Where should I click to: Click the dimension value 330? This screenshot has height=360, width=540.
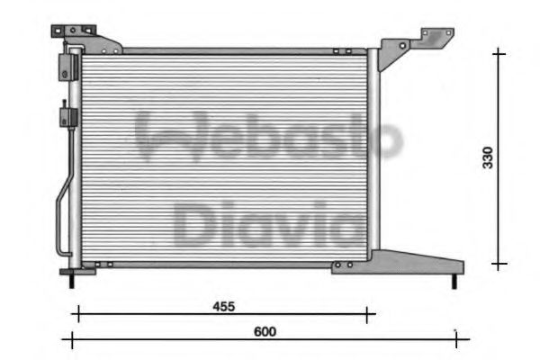click(487, 158)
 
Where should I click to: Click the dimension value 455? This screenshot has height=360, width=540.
click(223, 306)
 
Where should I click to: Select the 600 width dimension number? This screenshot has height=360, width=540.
click(264, 331)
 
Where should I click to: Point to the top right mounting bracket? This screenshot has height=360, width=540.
click(413, 45)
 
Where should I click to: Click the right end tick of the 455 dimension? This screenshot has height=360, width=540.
click(367, 314)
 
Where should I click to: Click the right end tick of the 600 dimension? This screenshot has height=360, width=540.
click(456, 339)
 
